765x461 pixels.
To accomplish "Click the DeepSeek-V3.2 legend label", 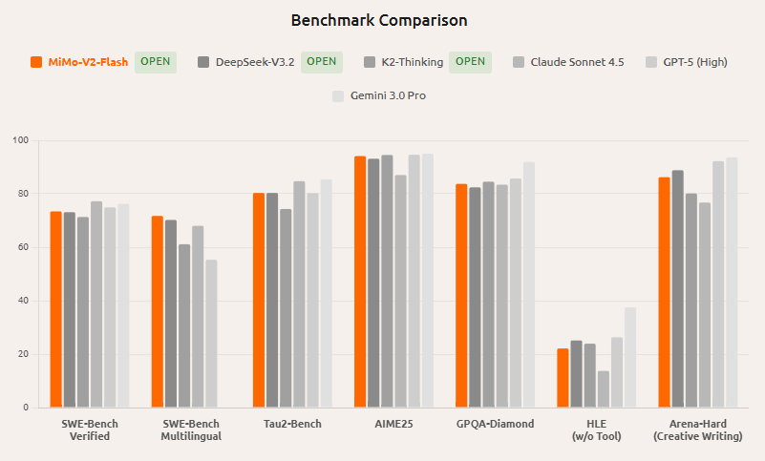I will (254, 62).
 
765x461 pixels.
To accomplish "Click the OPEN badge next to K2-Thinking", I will (469, 62).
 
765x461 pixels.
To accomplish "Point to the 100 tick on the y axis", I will (20, 140).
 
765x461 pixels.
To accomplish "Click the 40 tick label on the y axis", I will (23, 301).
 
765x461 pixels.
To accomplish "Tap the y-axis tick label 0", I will (26, 408).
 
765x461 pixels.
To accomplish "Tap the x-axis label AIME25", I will (393, 424).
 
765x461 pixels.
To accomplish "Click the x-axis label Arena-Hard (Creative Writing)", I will (697, 430).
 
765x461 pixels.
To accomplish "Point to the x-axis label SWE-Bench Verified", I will (90, 430).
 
